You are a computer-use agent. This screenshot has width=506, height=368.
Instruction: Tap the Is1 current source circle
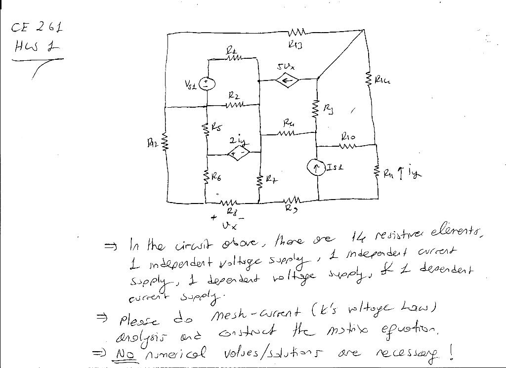coord(315,168)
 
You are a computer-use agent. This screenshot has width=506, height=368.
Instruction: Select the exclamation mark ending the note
coord(451,352)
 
